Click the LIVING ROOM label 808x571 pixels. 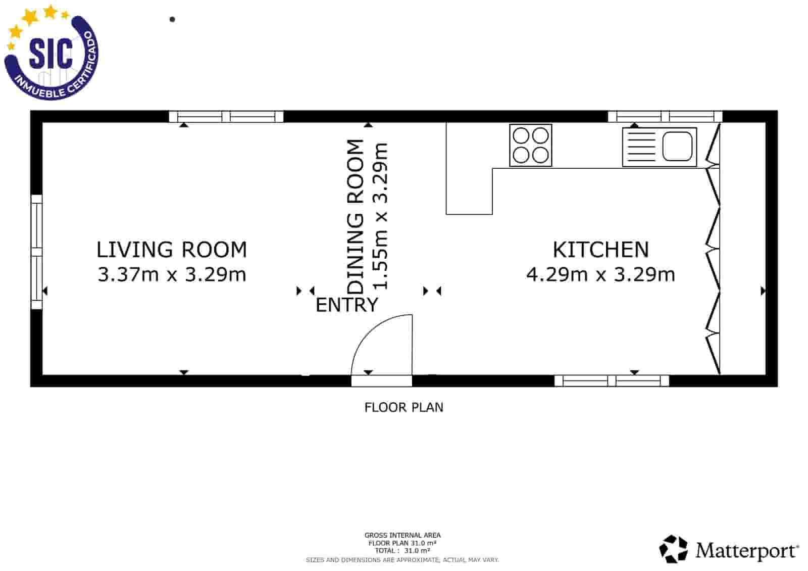(x=172, y=250)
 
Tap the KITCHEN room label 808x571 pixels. (x=601, y=250)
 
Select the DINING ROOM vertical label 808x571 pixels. (x=355, y=217)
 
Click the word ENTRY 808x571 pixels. (x=346, y=305)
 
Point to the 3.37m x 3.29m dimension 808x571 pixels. (x=172, y=274)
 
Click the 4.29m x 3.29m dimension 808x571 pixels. (x=600, y=274)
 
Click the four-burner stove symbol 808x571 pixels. (x=531, y=146)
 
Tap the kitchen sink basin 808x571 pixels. (x=677, y=146)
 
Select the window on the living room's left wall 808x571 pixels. (x=37, y=252)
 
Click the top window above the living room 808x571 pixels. (x=226, y=117)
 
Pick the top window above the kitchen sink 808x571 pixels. (x=665, y=117)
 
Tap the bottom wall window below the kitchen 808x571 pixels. (x=612, y=381)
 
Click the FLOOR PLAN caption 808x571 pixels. (x=403, y=407)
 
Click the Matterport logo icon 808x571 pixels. (x=673, y=549)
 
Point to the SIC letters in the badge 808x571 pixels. (x=51, y=54)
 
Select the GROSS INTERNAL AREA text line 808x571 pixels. (x=402, y=535)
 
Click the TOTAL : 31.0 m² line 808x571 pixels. (x=402, y=551)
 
